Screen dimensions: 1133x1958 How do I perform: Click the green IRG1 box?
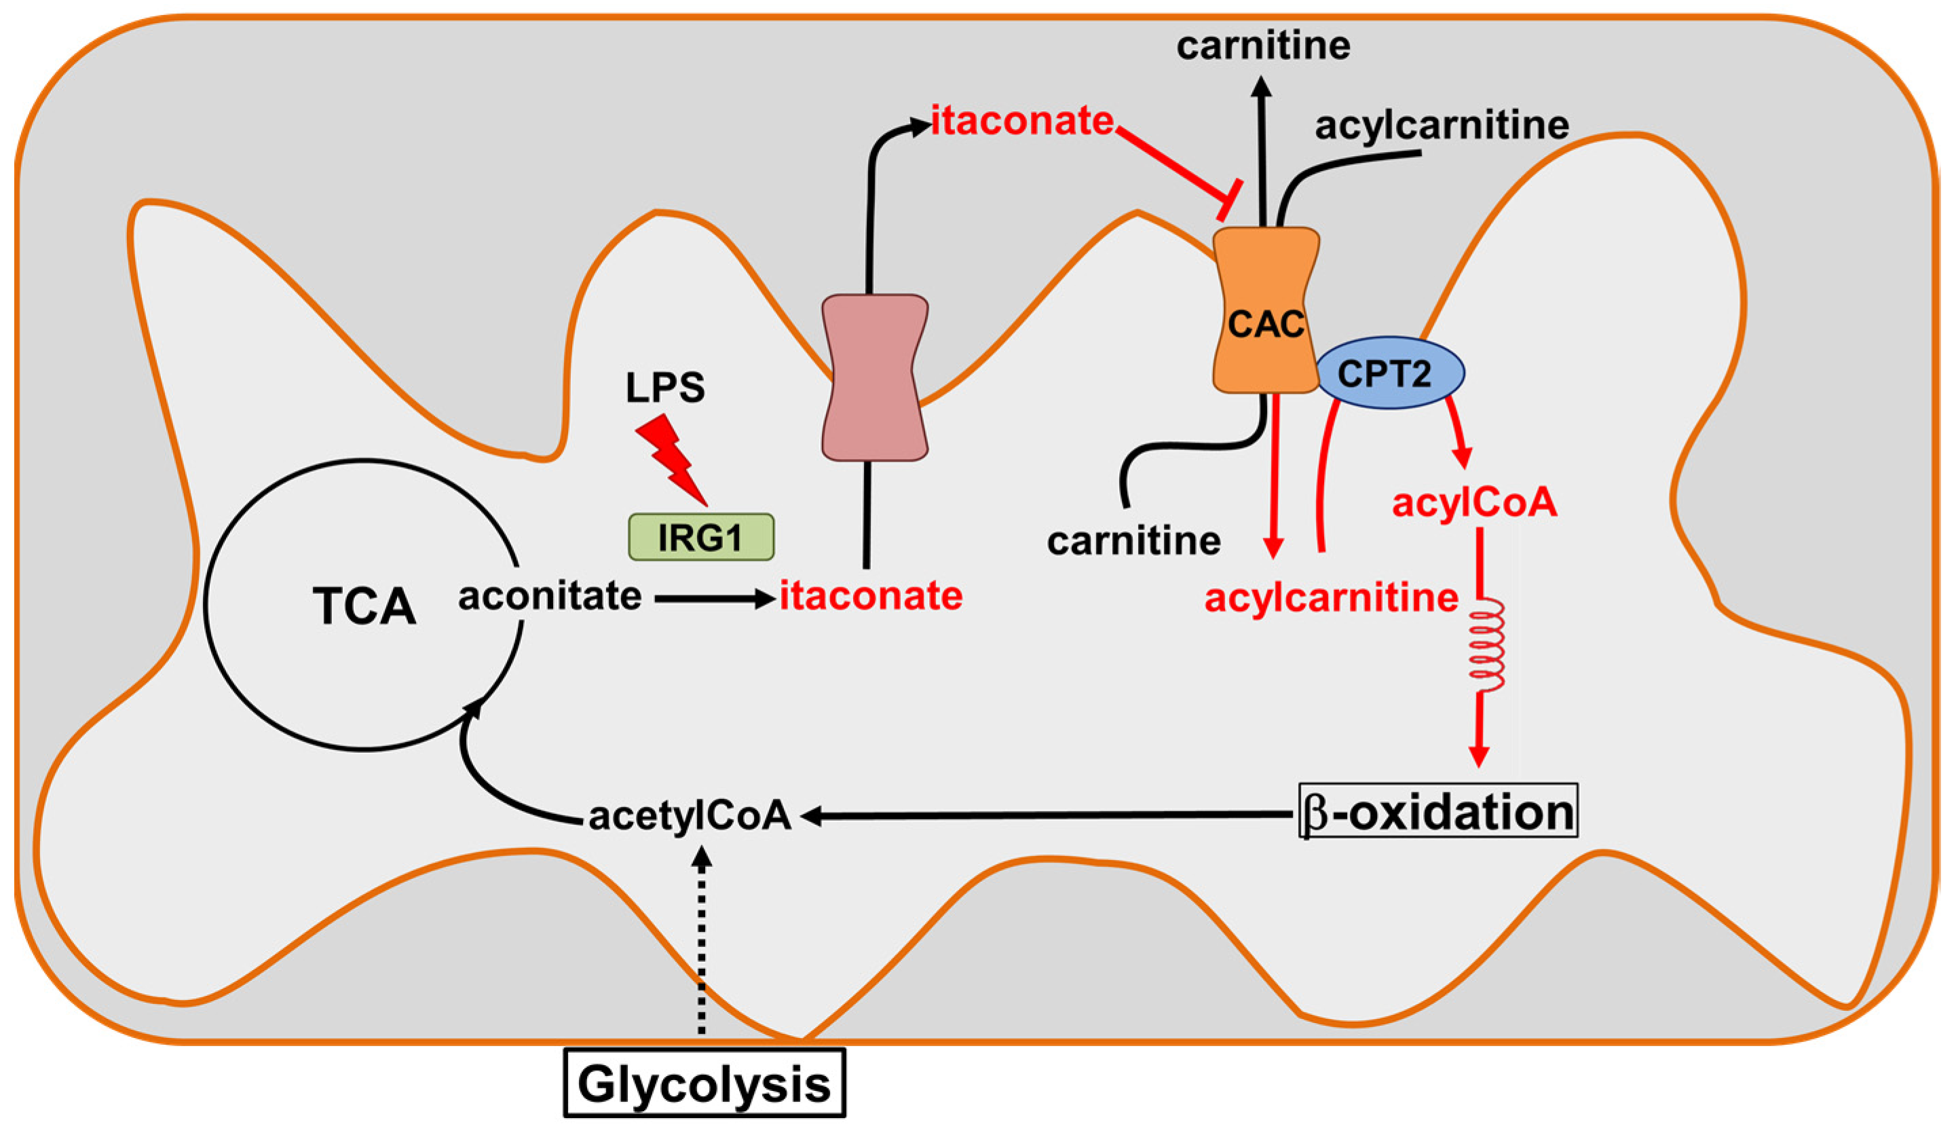pyautogui.click(x=700, y=537)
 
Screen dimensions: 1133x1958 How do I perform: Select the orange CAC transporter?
pyautogui.click(x=1266, y=311)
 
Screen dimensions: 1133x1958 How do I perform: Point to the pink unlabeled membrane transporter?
pyautogui.click(x=875, y=377)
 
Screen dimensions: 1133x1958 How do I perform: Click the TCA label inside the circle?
pyautogui.click(x=364, y=607)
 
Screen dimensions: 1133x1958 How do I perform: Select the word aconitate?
pyautogui.click(x=550, y=597)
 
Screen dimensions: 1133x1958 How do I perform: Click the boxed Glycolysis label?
pyautogui.click(x=704, y=1083)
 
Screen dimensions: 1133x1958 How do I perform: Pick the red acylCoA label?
pyautogui.click(x=1474, y=503)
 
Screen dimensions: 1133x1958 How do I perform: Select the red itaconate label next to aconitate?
pyautogui.click(x=871, y=597)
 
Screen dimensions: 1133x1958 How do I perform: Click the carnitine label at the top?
pyautogui.click(x=1264, y=46)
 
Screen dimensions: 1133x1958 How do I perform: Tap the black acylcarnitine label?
pyautogui.click(x=1442, y=125)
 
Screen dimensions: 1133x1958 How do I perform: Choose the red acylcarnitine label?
pyautogui.click(x=1331, y=598)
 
